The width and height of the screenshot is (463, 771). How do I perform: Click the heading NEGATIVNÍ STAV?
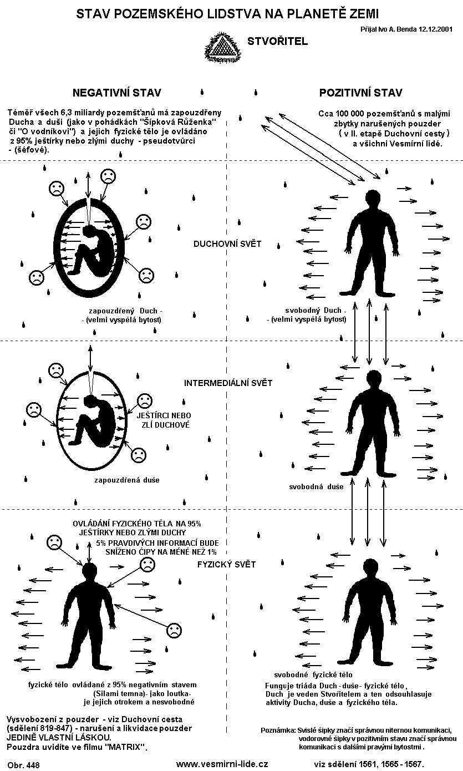pos(117,93)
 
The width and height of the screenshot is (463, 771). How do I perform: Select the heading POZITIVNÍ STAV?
pos(361,93)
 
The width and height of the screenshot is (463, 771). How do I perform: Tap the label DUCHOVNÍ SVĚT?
pos(227,244)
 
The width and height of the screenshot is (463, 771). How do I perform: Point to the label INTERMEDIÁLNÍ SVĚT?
pos(228,383)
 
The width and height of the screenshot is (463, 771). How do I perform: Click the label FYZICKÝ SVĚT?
pos(227,565)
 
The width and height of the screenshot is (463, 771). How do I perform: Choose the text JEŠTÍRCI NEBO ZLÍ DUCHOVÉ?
pos(164,420)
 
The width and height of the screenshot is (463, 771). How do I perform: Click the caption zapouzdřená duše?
pos(127,480)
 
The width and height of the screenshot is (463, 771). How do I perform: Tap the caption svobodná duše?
pos(316,486)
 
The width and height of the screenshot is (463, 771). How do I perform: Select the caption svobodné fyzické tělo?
pos(313,674)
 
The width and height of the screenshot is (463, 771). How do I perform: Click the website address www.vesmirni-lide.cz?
pos(222,764)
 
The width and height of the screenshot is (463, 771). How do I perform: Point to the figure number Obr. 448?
pos(23,765)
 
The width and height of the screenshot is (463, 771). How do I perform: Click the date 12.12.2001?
pos(435,29)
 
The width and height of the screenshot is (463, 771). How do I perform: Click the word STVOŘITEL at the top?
pos(278,41)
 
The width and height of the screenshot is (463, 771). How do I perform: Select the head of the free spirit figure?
pos(373,198)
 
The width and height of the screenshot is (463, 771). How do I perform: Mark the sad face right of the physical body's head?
pos(147,565)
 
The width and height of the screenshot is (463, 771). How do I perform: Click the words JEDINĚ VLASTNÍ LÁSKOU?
pos(59,738)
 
